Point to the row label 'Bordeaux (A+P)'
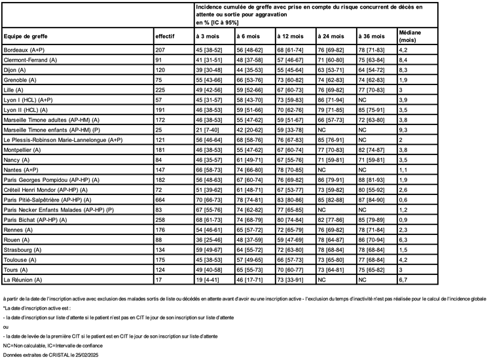point(24,49)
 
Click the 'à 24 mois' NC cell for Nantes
point(322,170)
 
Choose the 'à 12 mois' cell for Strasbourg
point(293,249)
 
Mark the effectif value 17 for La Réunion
point(159,279)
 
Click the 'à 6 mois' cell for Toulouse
point(253,260)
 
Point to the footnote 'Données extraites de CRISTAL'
point(49,355)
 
